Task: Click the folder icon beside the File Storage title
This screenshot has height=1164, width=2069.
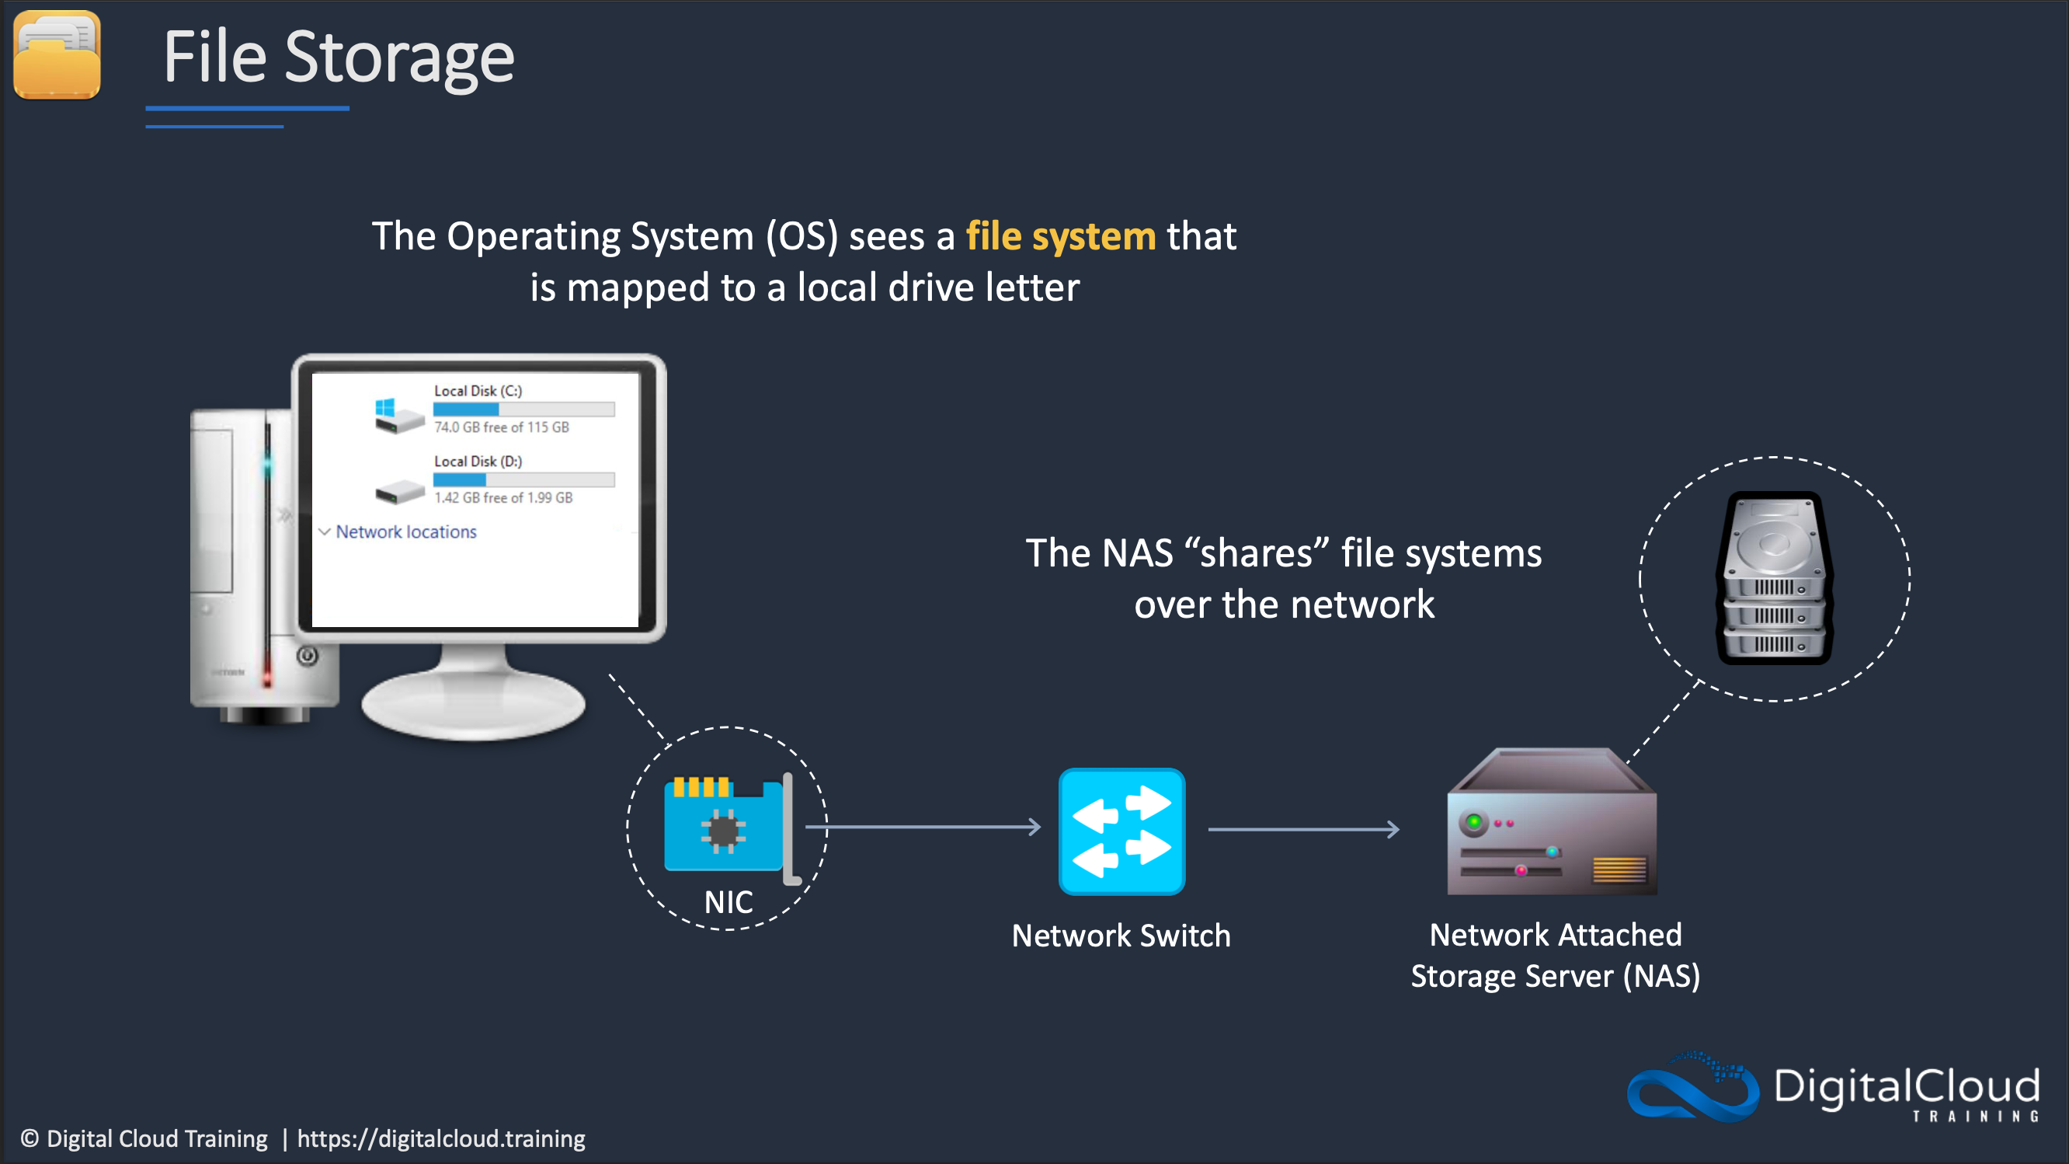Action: pos(57,54)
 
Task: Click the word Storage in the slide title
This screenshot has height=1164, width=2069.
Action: pos(399,58)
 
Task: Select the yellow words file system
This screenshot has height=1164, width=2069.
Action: pos(1060,237)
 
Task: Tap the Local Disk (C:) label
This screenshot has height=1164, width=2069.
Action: pos(478,391)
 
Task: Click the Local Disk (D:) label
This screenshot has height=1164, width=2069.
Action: pos(478,461)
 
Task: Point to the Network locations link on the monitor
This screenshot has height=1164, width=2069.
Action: pos(405,531)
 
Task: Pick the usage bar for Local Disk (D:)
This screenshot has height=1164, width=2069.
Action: pos(523,479)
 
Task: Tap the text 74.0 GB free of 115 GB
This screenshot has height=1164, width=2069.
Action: pos(501,427)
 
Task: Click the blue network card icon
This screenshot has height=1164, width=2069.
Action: pos(725,828)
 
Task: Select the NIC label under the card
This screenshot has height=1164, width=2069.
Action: pos(728,902)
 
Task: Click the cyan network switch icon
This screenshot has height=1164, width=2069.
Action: pos(1121,831)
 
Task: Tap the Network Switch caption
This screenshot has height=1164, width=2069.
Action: pos(1121,936)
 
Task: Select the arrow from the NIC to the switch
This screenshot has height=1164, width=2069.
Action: pos(923,827)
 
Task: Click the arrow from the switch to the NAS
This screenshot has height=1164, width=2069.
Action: pos(1302,829)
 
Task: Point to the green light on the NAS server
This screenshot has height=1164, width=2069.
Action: pos(1474,821)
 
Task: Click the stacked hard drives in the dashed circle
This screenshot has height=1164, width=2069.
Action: pos(1774,578)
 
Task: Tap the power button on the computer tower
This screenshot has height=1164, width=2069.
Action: pos(308,657)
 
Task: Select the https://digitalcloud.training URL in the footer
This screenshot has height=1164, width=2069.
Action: pos(441,1139)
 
